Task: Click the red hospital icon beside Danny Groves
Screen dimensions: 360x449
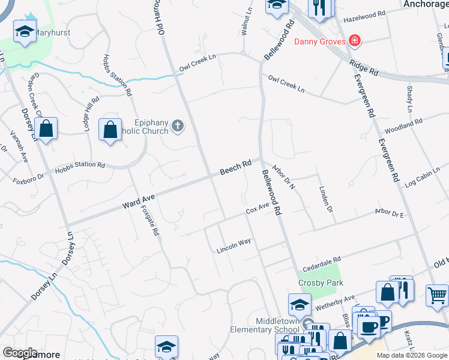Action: click(x=355, y=41)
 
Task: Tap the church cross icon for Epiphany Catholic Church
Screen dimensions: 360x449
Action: click(x=177, y=125)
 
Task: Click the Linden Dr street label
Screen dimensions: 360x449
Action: click(x=325, y=198)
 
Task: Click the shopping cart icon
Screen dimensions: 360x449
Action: click(x=437, y=295)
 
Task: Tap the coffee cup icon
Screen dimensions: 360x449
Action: click(x=368, y=325)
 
